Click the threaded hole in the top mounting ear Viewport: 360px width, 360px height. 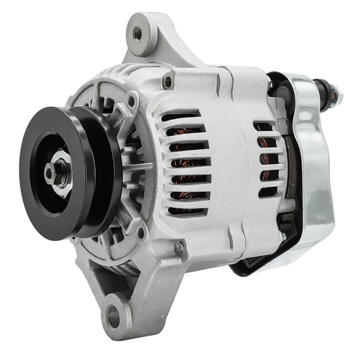point(138,32)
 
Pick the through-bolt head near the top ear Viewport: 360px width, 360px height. point(166,83)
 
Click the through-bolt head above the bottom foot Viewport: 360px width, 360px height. point(180,248)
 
